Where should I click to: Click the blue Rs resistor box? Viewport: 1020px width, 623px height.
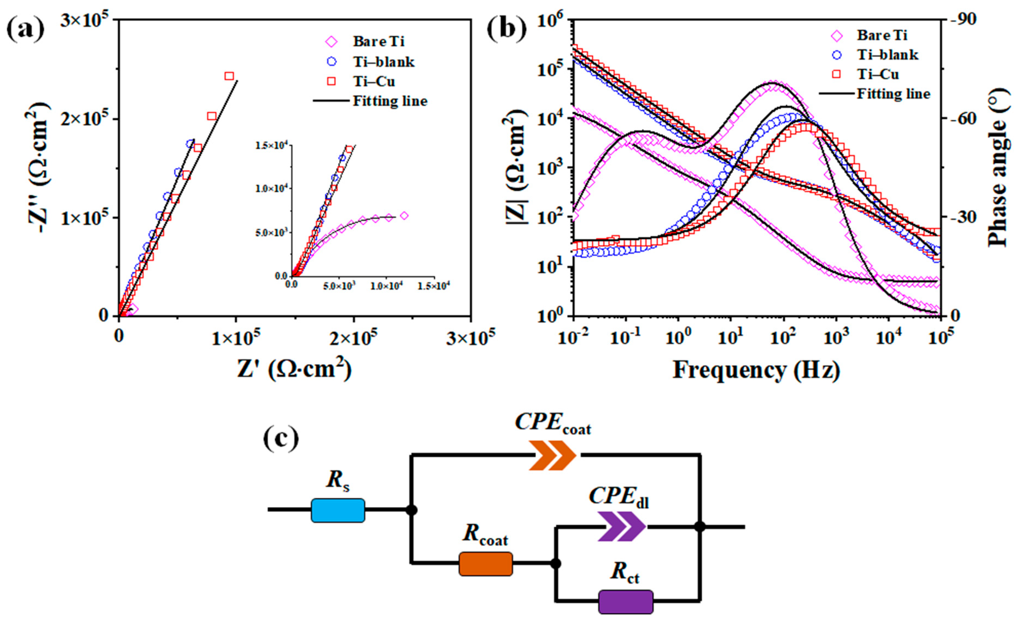click(x=338, y=510)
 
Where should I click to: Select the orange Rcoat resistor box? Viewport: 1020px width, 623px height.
click(x=486, y=564)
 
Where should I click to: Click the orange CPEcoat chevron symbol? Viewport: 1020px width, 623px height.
click(x=553, y=455)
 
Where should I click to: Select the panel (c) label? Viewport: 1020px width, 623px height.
click(x=281, y=440)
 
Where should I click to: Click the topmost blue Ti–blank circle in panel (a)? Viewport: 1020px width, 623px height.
click(x=190, y=143)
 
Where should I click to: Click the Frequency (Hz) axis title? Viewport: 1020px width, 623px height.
click(x=756, y=370)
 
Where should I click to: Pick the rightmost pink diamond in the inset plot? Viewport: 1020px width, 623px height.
click(x=404, y=216)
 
